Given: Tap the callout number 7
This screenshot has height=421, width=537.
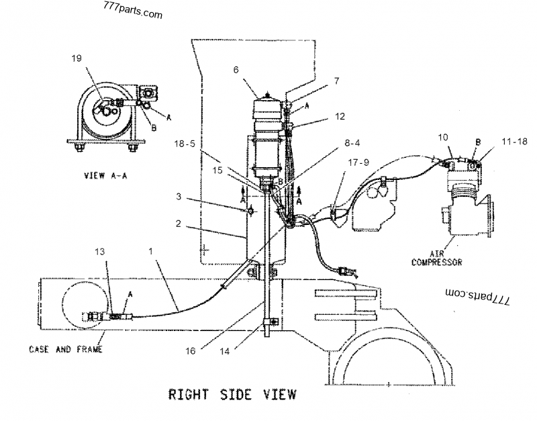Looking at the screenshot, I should click(x=336, y=81).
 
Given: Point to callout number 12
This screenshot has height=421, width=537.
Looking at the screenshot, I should click(x=340, y=115).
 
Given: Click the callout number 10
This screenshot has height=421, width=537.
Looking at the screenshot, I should click(x=443, y=138).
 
